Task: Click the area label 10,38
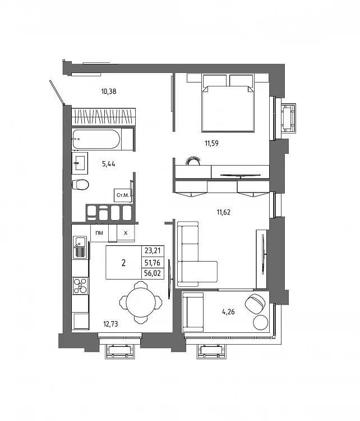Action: click(109, 91)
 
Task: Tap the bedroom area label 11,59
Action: click(211, 143)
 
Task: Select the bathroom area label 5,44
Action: click(109, 164)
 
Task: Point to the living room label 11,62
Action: click(223, 213)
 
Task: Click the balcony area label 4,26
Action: click(228, 312)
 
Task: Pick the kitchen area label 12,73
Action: click(110, 324)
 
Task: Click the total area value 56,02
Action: click(153, 273)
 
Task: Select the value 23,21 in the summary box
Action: click(153, 251)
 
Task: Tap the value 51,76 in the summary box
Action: click(153, 262)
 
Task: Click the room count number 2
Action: click(123, 263)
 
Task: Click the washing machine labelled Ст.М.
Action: click(123, 195)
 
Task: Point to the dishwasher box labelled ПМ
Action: click(99, 233)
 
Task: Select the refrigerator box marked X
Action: click(126, 233)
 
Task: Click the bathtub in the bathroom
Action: click(102, 139)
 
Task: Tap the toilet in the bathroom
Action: click(80, 185)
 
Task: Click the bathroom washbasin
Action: click(80, 161)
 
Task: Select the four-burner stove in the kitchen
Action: click(81, 286)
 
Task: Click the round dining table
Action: click(141, 303)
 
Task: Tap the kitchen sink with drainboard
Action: click(80, 248)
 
